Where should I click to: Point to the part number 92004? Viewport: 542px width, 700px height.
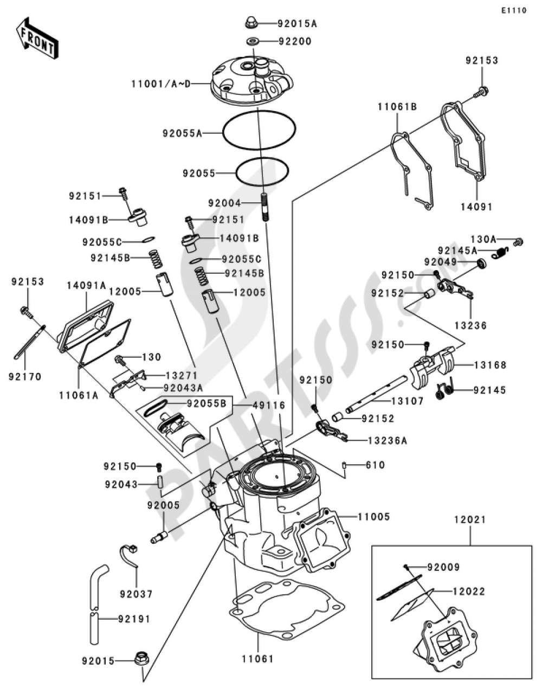pyautogui.click(x=224, y=203)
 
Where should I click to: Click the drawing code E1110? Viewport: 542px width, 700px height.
pyautogui.click(x=513, y=10)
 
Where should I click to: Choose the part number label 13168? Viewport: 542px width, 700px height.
pyautogui.click(x=490, y=365)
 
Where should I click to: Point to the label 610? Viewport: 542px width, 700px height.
pyautogui.click(x=375, y=465)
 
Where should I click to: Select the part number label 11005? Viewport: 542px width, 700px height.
pyautogui.click(x=373, y=517)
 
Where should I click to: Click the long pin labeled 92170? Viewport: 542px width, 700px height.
pyautogui.click(x=30, y=342)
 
